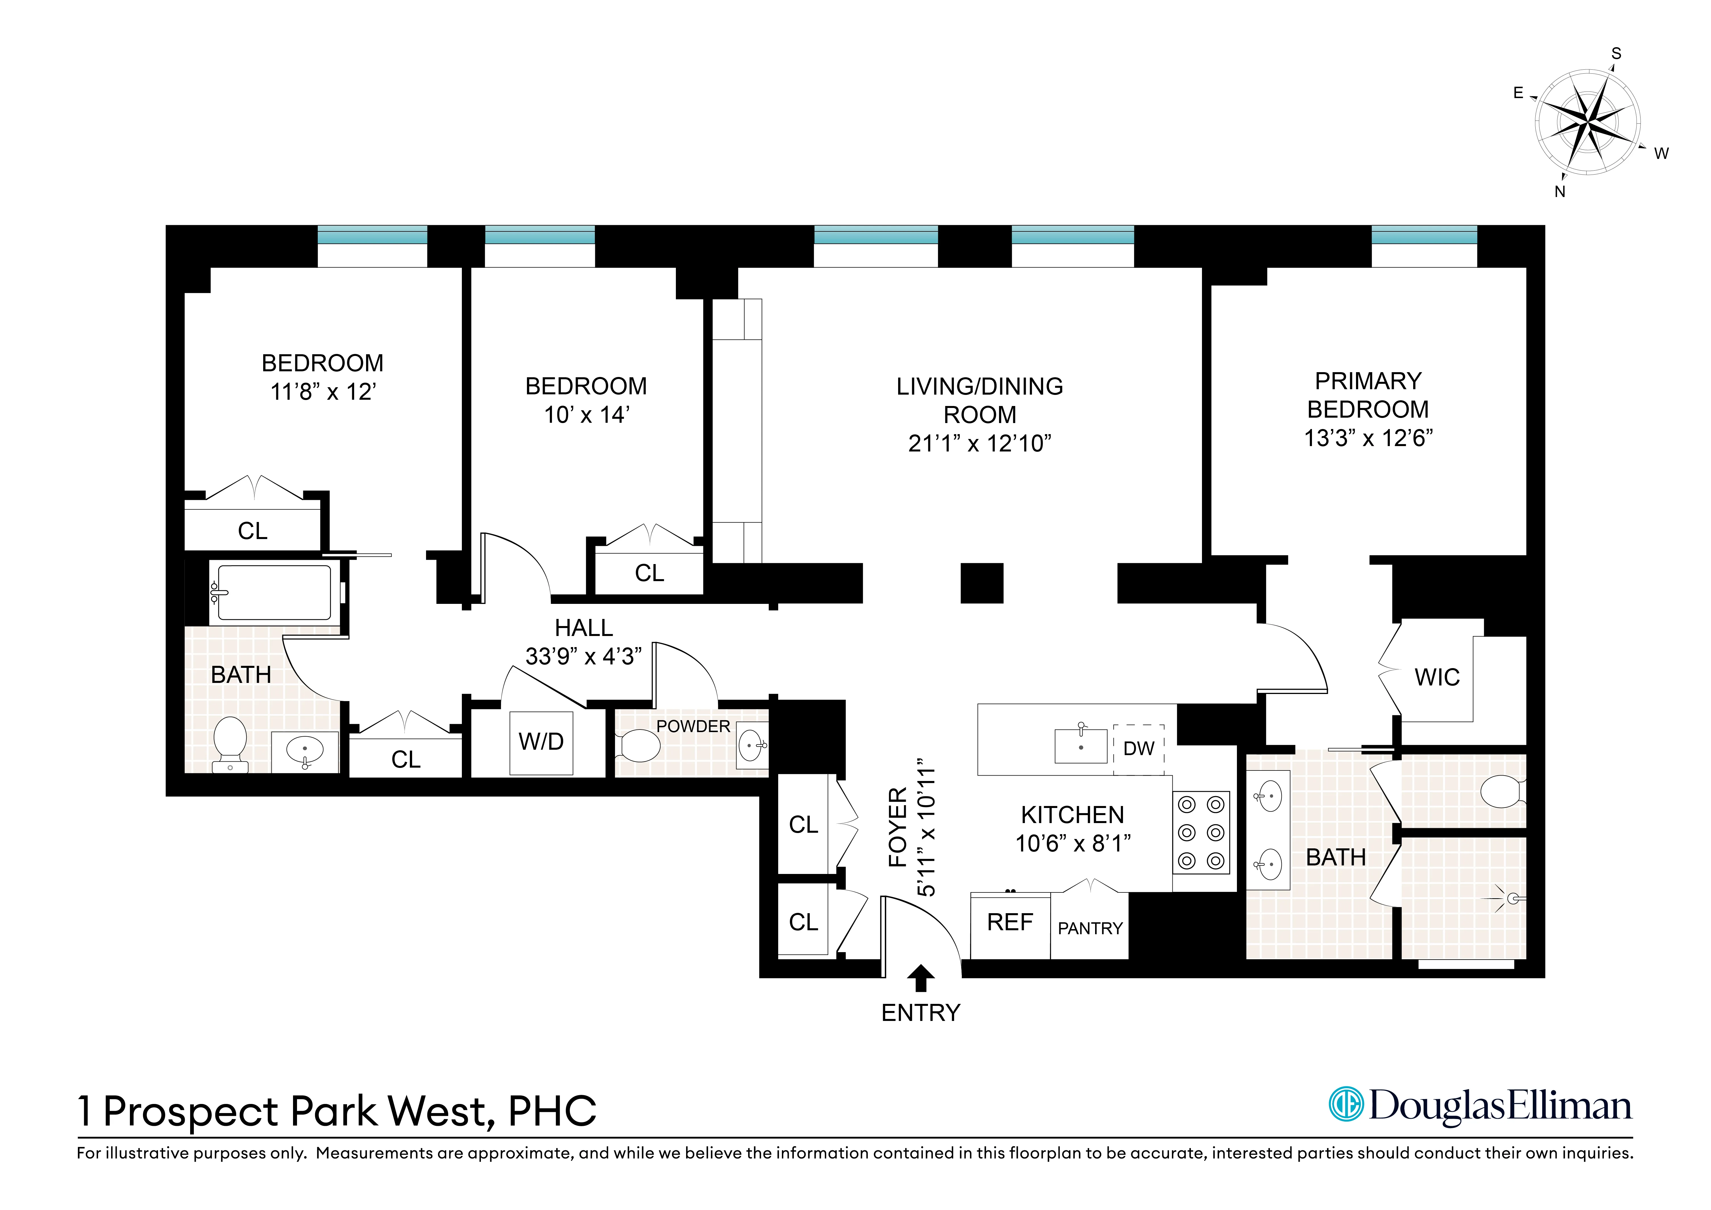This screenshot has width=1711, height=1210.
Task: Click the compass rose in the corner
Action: (1587, 121)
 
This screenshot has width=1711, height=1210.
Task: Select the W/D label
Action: (541, 742)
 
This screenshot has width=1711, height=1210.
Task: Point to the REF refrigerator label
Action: (1010, 922)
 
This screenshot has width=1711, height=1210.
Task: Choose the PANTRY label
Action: (1089, 928)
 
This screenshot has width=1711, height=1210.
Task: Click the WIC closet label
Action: (1437, 678)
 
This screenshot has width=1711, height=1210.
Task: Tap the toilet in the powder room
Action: (638, 745)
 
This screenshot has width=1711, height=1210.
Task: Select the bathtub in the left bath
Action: (274, 593)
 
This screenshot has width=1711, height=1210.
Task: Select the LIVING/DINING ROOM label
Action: (979, 400)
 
